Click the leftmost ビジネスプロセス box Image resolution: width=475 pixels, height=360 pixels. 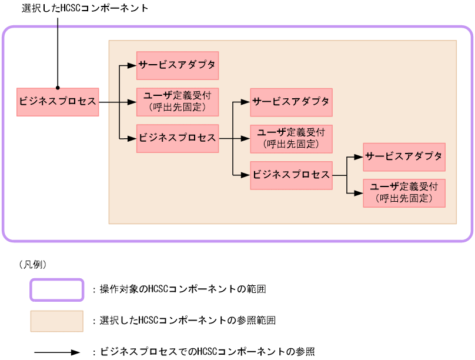pyautogui.click(x=58, y=102)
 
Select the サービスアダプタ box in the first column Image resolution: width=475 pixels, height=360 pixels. pyautogui.click(x=178, y=66)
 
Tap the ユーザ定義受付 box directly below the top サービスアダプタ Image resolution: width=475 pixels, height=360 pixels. pyautogui.click(x=178, y=102)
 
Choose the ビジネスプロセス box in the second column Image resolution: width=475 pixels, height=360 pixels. pyautogui.click(x=178, y=139)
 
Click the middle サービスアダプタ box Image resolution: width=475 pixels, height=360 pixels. pyautogui.click(x=291, y=102)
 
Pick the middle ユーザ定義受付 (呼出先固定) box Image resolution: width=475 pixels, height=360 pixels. pyautogui.click(x=291, y=139)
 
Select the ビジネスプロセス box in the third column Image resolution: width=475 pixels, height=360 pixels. pyautogui.click(x=291, y=175)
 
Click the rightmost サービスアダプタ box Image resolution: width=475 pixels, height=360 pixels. pyautogui.click(x=404, y=156)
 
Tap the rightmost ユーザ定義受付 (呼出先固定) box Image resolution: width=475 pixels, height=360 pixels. pyautogui.click(x=404, y=192)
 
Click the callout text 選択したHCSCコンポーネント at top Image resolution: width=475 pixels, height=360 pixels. pyautogui.click(x=85, y=8)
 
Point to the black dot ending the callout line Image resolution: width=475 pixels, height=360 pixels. pyautogui.click(x=58, y=85)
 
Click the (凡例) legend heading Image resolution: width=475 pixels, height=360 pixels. pyautogui.click(x=34, y=265)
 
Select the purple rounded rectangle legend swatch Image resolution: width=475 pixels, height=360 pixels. pyautogui.click(x=57, y=289)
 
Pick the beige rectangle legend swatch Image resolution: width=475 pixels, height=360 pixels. pyautogui.click(x=57, y=321)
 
